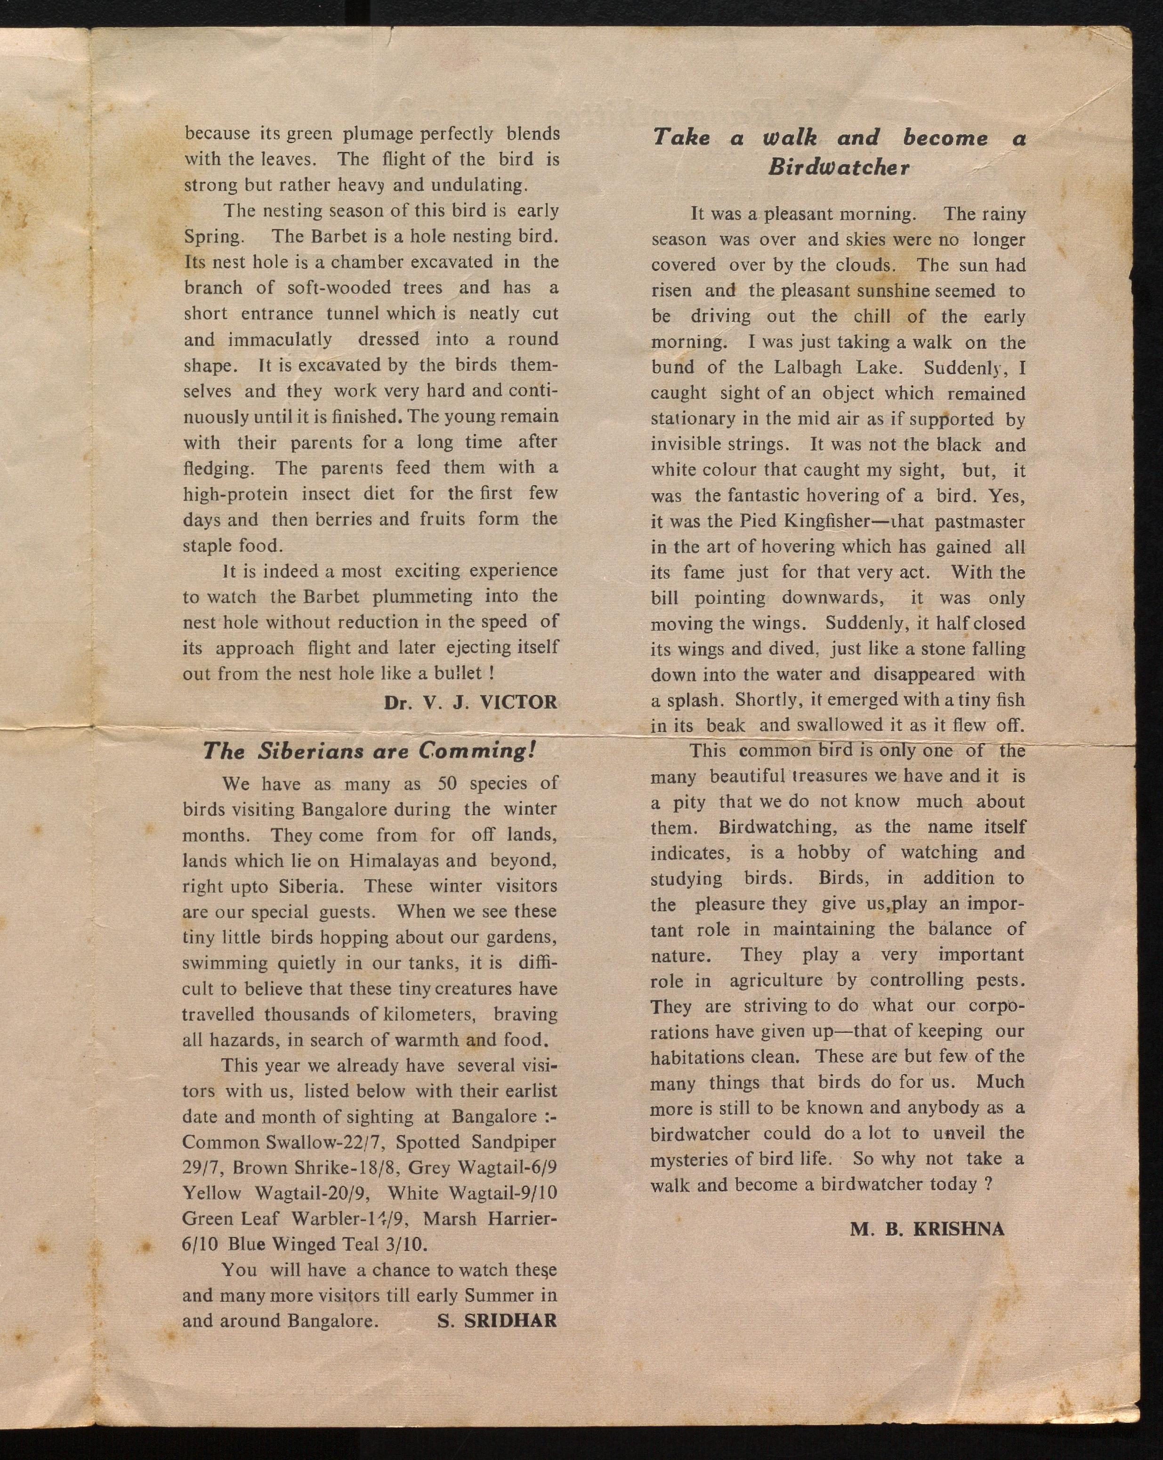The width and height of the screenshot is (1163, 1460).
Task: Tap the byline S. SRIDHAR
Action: point(497,1321)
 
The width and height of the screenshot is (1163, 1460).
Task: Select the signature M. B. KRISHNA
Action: point(927,1229)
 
